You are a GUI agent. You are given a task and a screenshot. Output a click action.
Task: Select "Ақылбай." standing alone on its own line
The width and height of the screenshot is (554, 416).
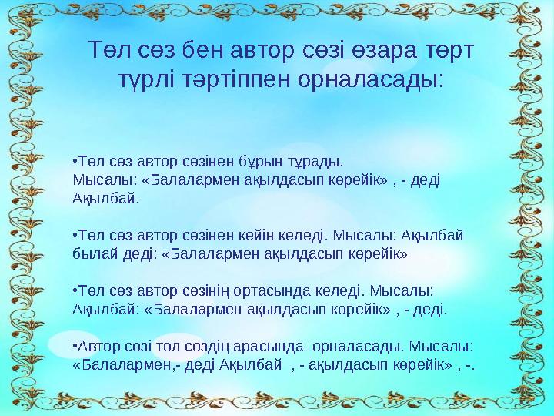[96, 198]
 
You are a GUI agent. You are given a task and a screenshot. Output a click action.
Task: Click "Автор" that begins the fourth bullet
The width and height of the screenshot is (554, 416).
[92, 345]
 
